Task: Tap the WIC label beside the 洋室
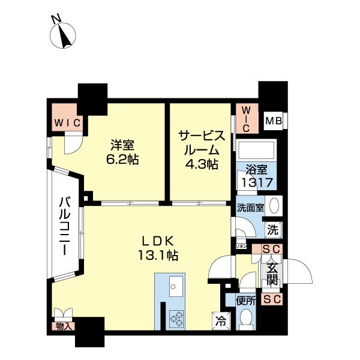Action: [x=67, y=122]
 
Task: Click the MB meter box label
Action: [x=273, y=122]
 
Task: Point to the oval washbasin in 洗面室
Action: [x=274, y=206]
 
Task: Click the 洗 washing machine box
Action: [x=272, y=229]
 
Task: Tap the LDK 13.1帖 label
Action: [x=158, y=247]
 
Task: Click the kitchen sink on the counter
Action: [x=173, y=285]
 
